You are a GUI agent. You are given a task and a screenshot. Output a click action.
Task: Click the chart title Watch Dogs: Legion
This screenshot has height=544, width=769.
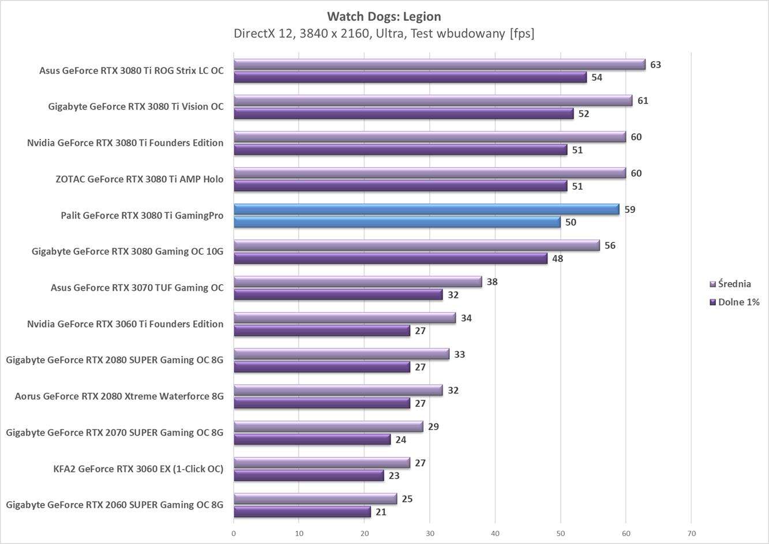[x=384, y=16]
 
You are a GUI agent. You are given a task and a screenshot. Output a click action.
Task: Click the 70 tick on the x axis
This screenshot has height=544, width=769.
[x=691, y=533]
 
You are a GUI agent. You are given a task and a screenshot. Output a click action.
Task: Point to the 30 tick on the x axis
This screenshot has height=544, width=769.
[x=430, y=533]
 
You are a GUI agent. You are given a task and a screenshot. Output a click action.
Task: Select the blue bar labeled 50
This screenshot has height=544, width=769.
[x=396, y=222]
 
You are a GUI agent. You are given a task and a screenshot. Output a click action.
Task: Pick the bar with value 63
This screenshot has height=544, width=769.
[x=439, y=65]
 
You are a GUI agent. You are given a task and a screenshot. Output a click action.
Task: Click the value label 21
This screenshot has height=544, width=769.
[x=381, y=512]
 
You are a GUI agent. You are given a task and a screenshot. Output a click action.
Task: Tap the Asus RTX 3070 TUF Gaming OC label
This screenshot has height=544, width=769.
[x=137, y=287]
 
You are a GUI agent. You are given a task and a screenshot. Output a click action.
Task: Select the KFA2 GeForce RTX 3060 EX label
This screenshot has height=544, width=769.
[x=138, y=468]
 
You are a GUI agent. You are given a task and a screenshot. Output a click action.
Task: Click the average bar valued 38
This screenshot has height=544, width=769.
[x=357, y=282]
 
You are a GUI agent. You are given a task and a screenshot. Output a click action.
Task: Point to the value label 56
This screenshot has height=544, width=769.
[x=610, y=246]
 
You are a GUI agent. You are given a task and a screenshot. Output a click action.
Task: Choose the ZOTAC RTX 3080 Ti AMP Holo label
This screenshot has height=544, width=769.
[x=139, y=179]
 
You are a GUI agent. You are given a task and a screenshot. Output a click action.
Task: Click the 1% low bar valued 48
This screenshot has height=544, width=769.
[x=390, y=258]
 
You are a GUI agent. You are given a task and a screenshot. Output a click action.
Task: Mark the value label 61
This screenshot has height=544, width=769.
[x=643, y=101]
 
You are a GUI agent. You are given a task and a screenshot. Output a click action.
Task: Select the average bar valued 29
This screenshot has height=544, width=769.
[x=328, y=427]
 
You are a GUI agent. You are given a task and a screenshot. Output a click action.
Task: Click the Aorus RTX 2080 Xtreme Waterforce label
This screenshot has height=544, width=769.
[x=119, y=396]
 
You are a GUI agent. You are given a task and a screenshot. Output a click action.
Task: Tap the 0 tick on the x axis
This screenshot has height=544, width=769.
[x=234, y=533]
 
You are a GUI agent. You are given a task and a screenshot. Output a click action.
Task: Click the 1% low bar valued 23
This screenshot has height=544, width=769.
[x=308, y=476]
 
